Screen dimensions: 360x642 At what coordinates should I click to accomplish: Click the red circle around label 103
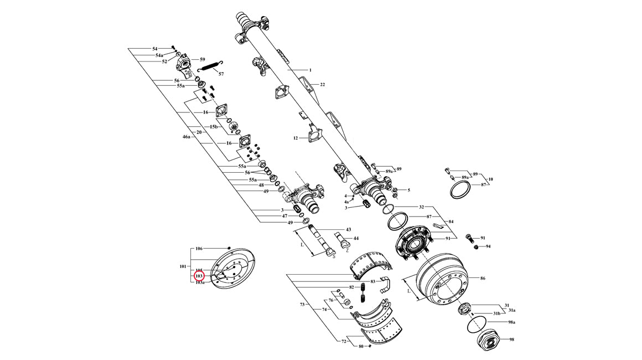click(199, 275)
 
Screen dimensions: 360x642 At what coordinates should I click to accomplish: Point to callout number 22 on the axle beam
click(322, 85)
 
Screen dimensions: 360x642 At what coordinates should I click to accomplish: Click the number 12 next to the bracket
click(296, 138)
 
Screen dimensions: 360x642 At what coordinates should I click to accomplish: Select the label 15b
click(213, 127)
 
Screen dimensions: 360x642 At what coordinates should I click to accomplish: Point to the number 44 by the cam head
click(356, 238)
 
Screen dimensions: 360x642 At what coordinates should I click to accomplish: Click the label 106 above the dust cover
click(200, 249)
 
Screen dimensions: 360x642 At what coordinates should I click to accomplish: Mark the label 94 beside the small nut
click(488, 246)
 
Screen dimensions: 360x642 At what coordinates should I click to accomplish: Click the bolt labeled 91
click(470, 238)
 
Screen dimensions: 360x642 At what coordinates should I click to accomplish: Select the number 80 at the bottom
click(361, 347)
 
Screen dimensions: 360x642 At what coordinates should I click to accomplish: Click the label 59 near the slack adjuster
click(203, 59)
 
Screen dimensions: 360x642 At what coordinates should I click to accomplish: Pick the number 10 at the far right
click(490, 179)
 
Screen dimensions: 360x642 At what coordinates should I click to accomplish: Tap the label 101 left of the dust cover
click(183, 266)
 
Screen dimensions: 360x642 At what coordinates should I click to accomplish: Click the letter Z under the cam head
click(347, 250)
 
